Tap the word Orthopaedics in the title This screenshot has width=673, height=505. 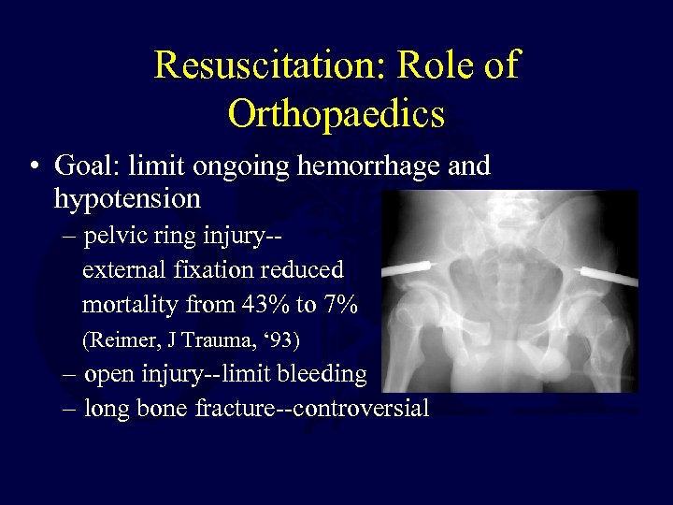click(x=336, y=113)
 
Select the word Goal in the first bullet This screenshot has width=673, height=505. click(x=84, y=166)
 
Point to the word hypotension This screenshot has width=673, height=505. click(x=127, y=199)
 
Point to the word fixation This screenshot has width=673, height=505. click(x=204, y=270)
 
